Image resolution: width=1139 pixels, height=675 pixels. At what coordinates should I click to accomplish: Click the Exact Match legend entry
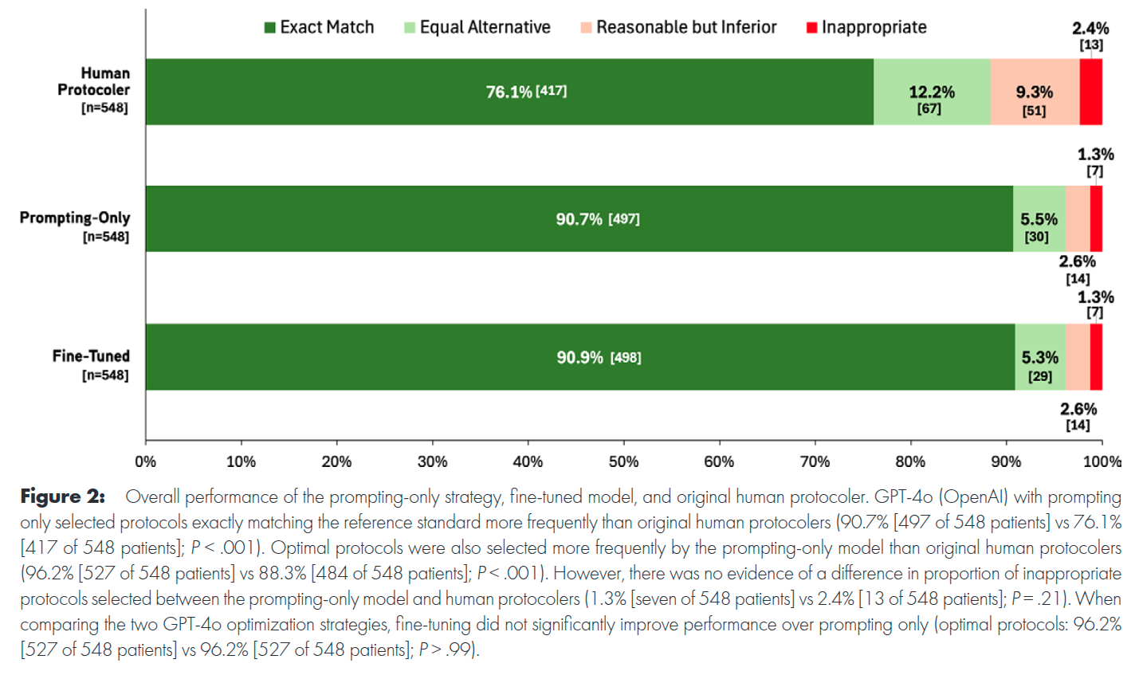coord(319,27)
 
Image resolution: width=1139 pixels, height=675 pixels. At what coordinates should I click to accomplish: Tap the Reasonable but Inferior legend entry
coord(678,27)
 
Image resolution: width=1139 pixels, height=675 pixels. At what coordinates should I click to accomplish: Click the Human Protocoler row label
coord(93,90)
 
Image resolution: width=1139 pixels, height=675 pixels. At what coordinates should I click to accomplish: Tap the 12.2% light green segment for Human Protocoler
coord(931,92)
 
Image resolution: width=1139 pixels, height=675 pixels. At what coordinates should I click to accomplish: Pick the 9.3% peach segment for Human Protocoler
coord(1034,92)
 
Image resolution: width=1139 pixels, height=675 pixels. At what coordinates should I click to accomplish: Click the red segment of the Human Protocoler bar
coord(1090,92)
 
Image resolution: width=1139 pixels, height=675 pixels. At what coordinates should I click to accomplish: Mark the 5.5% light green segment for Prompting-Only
coord(1039,219)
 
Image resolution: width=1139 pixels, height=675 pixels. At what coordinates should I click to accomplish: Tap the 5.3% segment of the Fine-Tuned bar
coord(1039,358)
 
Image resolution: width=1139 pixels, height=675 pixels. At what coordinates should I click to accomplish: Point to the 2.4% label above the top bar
coord(1090,29)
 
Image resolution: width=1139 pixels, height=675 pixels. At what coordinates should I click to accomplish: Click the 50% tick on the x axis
coord(623,461)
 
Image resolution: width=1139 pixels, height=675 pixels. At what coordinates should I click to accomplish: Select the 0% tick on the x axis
coord(146,461)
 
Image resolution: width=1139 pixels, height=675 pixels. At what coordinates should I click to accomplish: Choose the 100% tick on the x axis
coord(1102,461)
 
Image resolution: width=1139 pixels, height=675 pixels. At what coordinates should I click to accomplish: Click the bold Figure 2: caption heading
coord(62,496)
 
